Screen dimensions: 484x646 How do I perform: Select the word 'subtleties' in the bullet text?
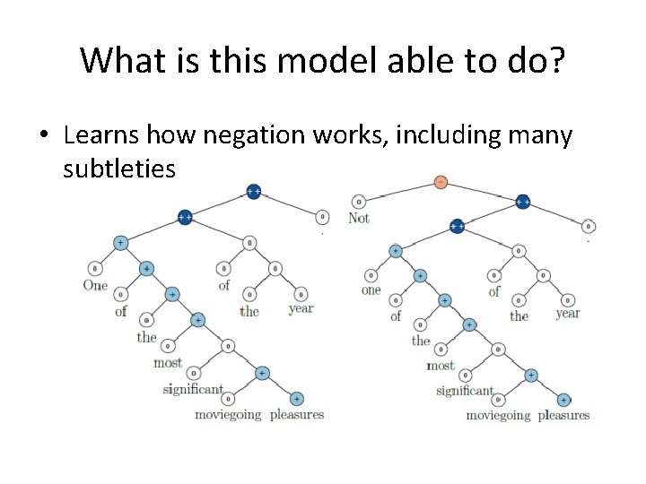click(x=119, y=168)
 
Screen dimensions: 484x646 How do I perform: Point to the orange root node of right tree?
click(x=441, y=182)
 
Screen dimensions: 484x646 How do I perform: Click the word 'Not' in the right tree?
click(x=358, y=218)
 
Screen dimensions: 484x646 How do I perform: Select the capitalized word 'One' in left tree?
click(x=95, y=285)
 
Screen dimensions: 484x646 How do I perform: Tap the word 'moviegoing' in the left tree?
click(x=228, y=414)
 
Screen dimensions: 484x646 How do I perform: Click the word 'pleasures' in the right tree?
click(x=563, y=415)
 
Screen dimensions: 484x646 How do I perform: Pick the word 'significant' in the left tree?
click(x=193, y=388)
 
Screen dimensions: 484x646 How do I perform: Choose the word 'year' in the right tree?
click(x=567, y=313)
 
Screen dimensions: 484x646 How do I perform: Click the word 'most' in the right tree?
click(x=441, y=366)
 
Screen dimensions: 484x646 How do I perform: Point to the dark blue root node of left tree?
click(x=254, y=192)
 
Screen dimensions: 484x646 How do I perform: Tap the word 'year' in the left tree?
click(x=301, y=308)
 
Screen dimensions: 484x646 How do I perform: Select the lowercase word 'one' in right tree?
click(x=371, y=290)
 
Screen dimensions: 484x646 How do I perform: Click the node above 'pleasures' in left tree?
click(x=297, y=398)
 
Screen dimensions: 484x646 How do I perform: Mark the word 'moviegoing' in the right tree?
click(x=498, y=415)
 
